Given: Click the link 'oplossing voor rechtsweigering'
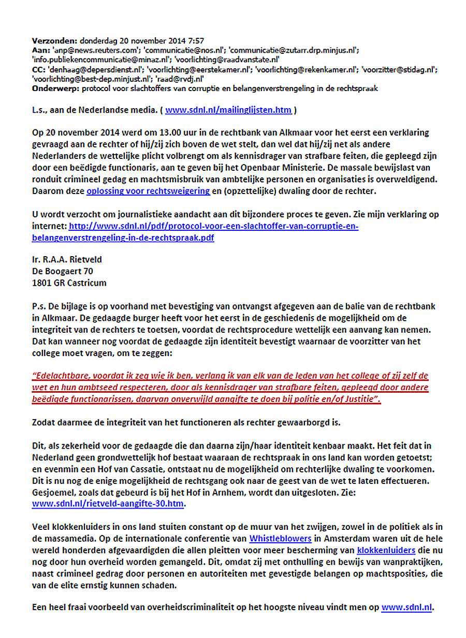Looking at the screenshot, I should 148,191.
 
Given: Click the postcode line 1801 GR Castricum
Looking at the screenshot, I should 69,282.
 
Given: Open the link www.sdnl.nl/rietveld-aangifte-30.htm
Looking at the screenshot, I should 108,503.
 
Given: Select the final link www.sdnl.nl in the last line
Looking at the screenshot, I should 406,609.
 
